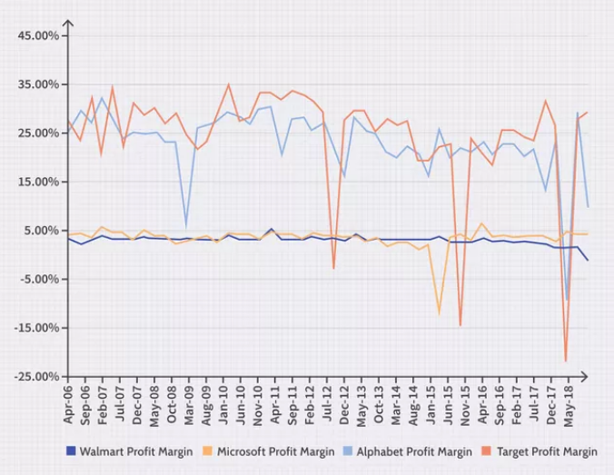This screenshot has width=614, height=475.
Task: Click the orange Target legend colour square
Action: click(487, 451)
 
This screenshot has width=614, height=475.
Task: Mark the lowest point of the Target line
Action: click(566, 361)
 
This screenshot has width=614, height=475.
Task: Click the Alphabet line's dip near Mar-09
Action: click(186, 224)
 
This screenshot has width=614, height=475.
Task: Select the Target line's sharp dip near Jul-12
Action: click(333, 268)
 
